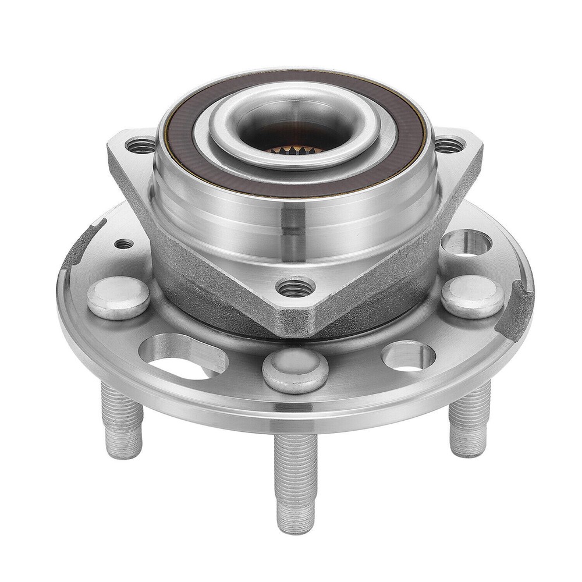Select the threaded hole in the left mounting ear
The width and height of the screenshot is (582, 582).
(140, 145)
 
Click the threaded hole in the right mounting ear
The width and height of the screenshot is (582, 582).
(449, 144)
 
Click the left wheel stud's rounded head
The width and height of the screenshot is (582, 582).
(118, 297)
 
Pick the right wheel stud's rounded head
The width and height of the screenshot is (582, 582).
(471, 296)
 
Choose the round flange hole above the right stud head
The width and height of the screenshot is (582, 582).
(466, 243)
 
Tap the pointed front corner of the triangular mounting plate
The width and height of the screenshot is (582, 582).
(295, 329)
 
